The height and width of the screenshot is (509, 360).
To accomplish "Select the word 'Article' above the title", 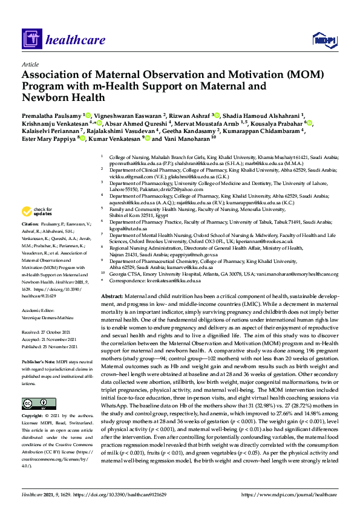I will click(30, 64).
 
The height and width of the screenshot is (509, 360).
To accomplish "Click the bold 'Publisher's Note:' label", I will click(38, 360).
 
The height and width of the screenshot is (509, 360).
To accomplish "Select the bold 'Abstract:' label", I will click(111, 296).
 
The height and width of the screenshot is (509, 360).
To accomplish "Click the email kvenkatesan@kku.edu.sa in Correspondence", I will click(166, 280).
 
